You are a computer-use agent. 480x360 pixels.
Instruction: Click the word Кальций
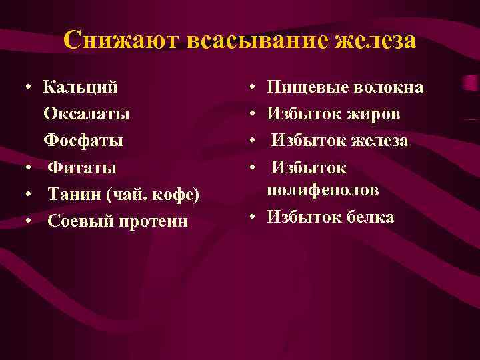tap(81, 87)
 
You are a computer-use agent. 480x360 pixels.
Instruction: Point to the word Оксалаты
tap(87, 114)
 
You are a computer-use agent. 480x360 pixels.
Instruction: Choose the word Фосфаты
tap(83, 141)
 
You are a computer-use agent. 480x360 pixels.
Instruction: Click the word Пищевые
tap(304, 87)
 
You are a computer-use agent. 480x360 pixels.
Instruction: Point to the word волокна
tap(385, 87)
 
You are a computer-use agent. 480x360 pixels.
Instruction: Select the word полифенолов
tap(323, 191)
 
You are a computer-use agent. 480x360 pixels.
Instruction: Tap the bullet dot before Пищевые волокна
tap(254, 88)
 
